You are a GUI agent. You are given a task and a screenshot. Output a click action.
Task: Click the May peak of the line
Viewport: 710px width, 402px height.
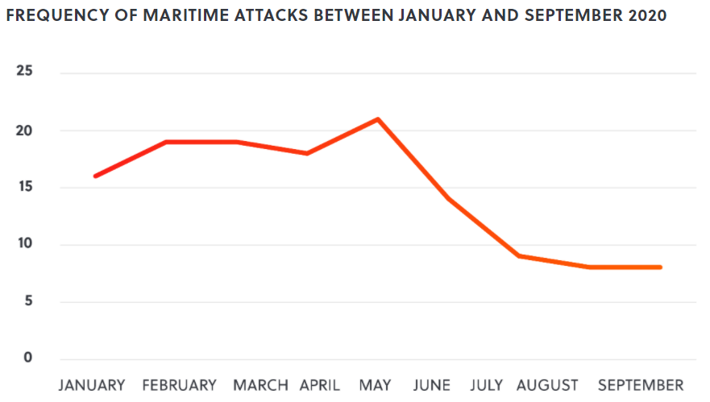(x=378, y=119)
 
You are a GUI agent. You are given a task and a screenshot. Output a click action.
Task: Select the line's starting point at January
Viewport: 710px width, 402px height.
(x=95, y=176)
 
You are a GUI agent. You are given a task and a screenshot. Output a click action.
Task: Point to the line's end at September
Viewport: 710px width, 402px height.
(x=661, y=267)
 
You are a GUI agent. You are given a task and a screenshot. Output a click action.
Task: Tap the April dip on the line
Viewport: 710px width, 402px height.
(x=307, y=153)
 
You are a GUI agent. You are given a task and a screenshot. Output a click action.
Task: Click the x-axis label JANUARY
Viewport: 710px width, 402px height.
(x=92, y=385)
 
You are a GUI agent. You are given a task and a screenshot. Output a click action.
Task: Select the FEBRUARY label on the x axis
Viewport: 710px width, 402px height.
(x=179, y=385)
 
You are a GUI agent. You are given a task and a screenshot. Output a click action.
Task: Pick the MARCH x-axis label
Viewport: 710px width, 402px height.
(x=260, y=385)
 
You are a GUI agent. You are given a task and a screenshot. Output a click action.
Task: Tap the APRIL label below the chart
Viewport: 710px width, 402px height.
(x=320, y=385)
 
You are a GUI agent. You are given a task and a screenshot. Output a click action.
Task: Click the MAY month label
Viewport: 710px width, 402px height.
(x=376, y=385)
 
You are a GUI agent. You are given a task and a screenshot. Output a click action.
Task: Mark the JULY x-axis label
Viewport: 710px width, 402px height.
(x=486, y=385)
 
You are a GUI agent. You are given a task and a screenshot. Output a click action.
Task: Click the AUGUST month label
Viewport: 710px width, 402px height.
(x=547, y=385)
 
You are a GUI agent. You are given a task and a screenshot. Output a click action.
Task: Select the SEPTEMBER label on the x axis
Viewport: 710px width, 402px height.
(x=641, y=385)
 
